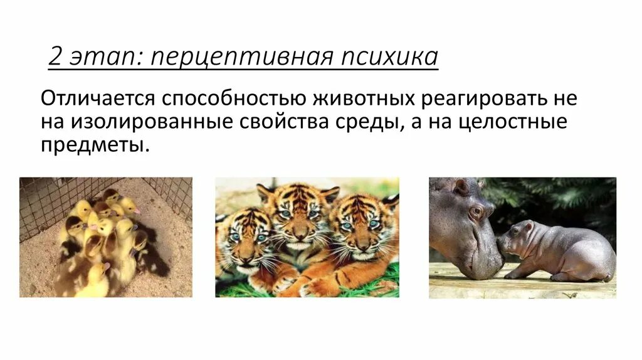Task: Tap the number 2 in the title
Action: tap(55, 57)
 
